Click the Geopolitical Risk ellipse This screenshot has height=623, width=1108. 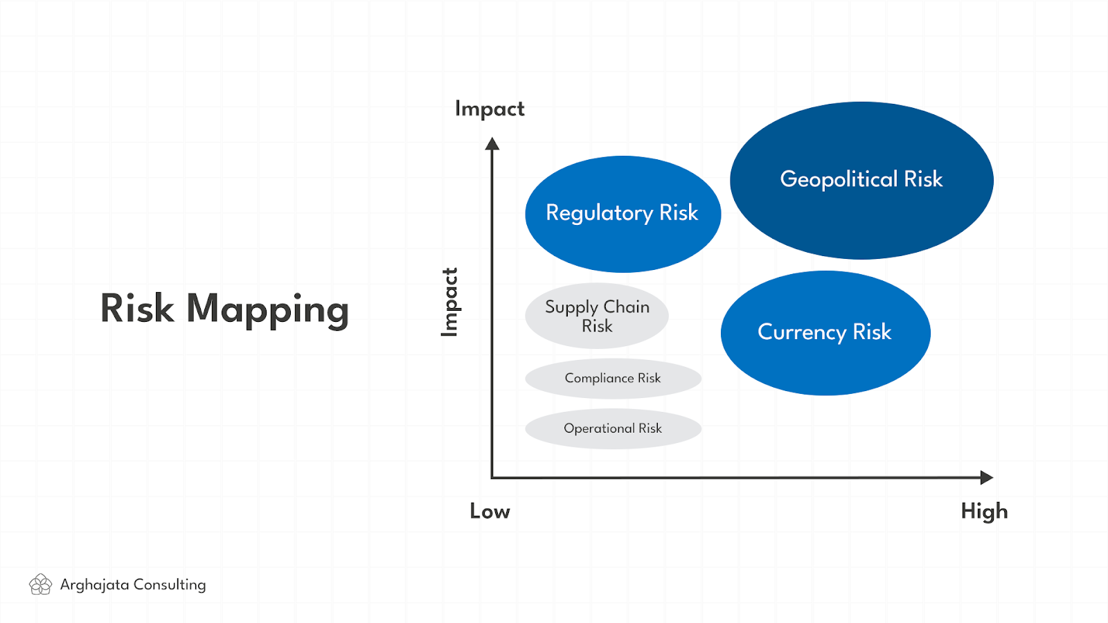(x=861, y=181)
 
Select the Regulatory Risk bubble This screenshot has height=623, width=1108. (x=623, y=214)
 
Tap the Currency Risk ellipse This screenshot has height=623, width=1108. (x=825, y=333)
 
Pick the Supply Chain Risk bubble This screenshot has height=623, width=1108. (x=596, y=316)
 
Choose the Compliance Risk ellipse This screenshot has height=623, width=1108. (x=613, y=379)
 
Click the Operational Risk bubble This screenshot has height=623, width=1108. (x=613, y=428)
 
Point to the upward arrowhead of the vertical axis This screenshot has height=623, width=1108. (x=492, y=143)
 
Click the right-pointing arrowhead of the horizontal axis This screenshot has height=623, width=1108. (x=987, y=478)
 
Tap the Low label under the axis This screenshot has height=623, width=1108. (x=490, y=512)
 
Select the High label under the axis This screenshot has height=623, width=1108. (x=984, y=512)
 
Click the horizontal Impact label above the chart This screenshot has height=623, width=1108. (x=490, y=109)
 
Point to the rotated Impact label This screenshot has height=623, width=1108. (x=450, y=302)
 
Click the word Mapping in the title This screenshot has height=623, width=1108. (x=267, y=310)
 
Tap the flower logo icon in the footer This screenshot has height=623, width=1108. (x=41, y=584)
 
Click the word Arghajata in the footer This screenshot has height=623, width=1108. (x=94, y=585)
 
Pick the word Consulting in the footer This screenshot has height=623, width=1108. (x=170, y=585)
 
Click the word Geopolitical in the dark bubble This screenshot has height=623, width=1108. (x=839, y=180)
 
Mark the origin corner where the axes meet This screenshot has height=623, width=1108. (x=492, y=478)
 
